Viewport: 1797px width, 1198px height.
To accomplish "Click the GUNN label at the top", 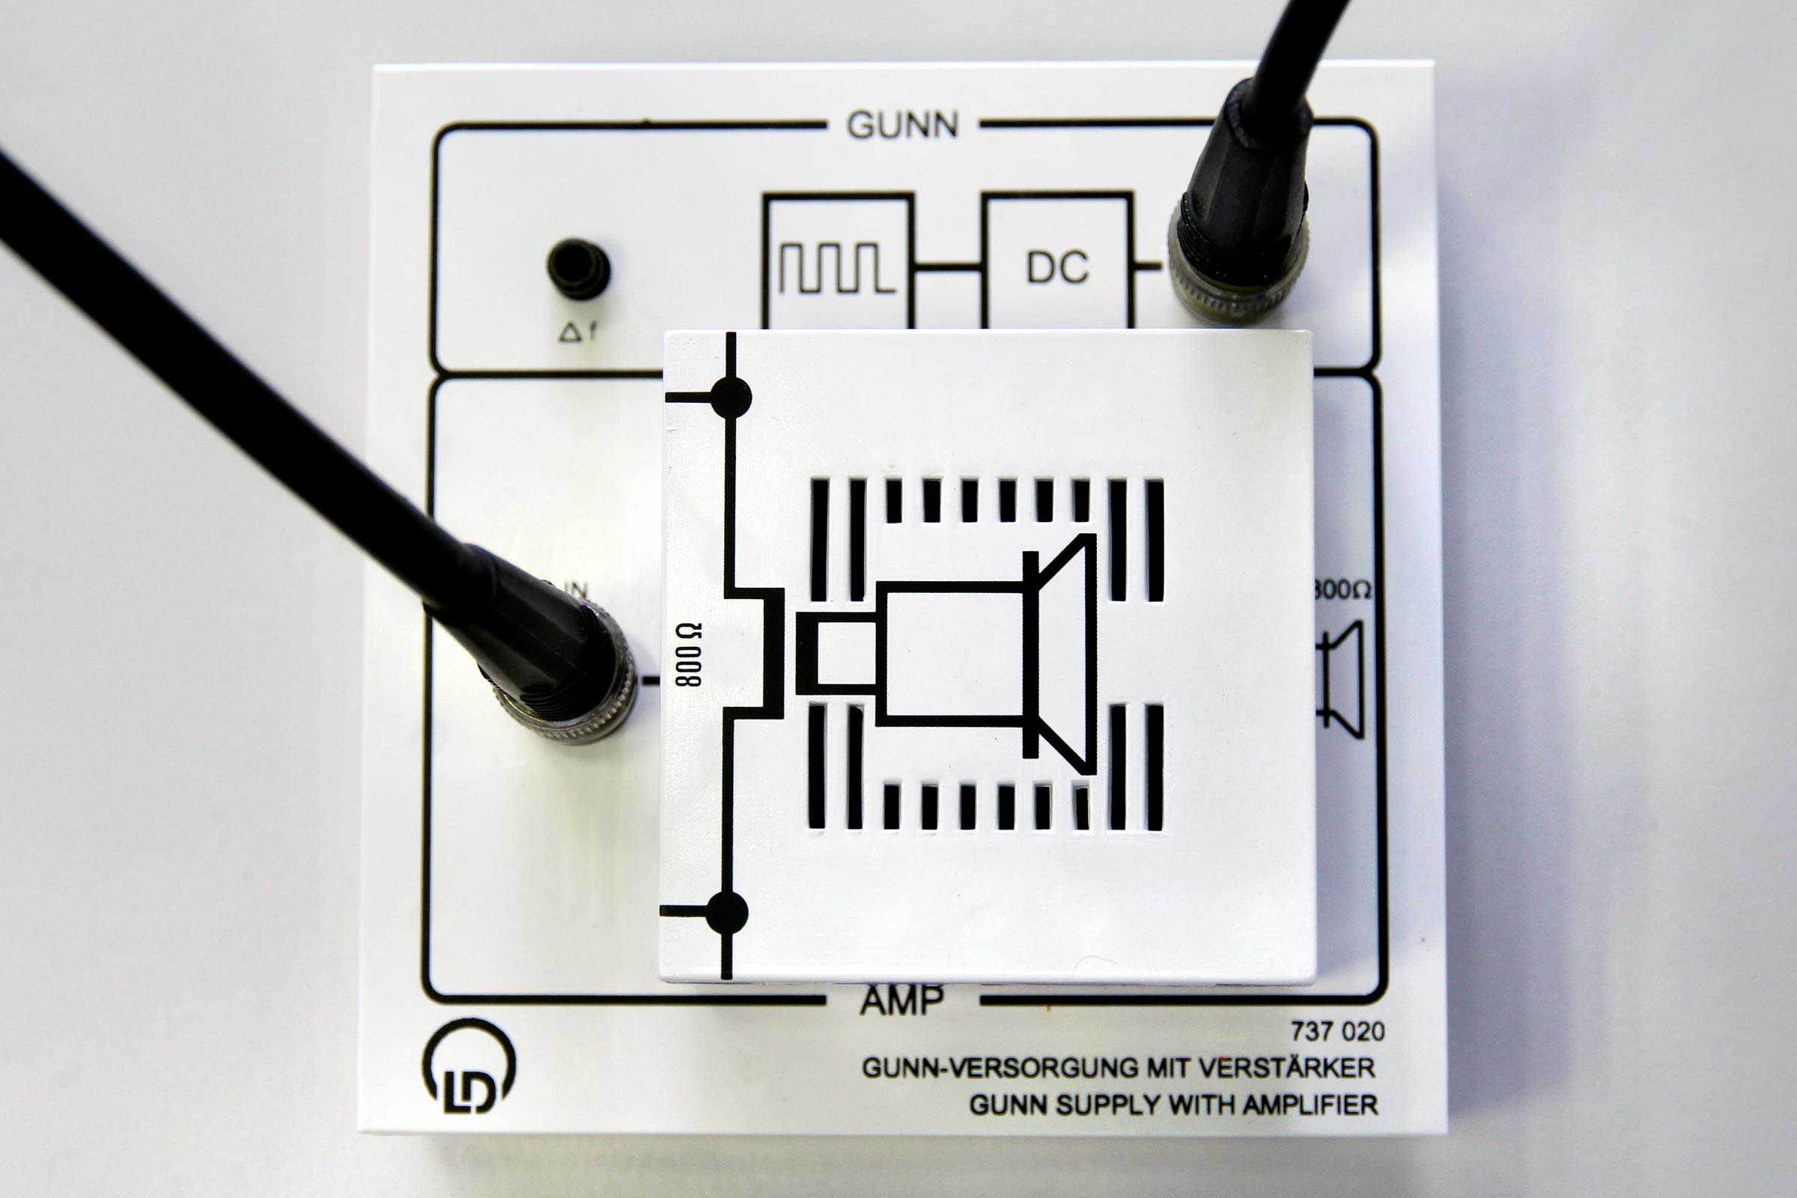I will [x=902, y=124].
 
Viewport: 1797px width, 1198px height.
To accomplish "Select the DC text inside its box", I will [x=1056, y=267].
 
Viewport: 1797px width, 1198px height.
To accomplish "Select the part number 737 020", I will [x=1337, y=1032].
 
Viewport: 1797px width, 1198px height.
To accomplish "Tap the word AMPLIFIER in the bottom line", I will [x=1310, y=1105].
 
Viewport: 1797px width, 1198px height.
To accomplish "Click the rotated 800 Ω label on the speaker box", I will [x=688, y=654].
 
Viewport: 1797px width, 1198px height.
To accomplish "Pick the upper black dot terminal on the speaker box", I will [x=731, y=398].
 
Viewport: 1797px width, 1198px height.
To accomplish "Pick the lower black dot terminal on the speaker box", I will [x=726, y=912].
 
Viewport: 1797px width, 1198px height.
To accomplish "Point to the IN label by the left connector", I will [x=574, y=590].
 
